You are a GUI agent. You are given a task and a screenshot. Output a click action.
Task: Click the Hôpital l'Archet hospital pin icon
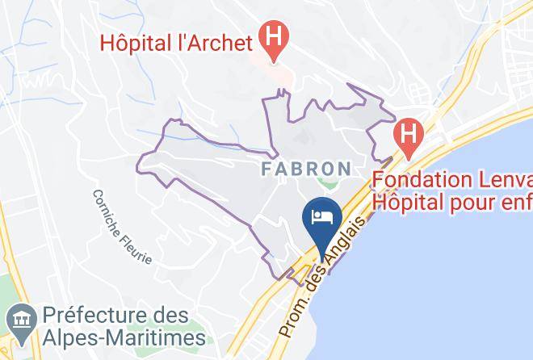[275, 39]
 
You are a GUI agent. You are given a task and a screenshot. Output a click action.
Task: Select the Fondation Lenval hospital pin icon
[409, 133]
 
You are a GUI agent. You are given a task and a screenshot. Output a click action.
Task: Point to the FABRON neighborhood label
[306, 170]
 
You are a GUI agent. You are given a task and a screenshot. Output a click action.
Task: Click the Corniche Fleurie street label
[121, 227]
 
